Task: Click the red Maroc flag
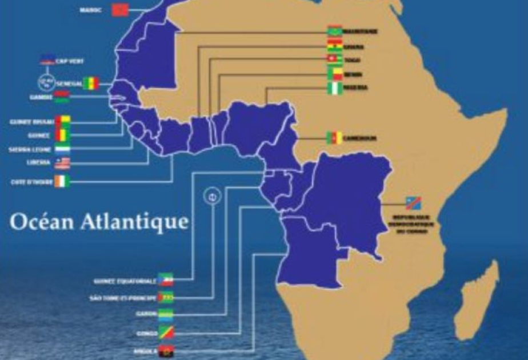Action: tap(119, 10)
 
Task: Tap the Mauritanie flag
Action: tap(334, 31)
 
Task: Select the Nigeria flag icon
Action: tap(334, 88)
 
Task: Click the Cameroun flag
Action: tap(334, 138)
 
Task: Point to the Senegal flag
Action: tap(91, 83)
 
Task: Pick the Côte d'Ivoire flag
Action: tap(62, 182)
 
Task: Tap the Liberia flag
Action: tap(62, 163)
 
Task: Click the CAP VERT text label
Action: tap(70, 61)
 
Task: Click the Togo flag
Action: tap(334, 60)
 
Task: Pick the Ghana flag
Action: tap(334, 46)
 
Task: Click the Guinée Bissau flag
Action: tap(62, 122)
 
